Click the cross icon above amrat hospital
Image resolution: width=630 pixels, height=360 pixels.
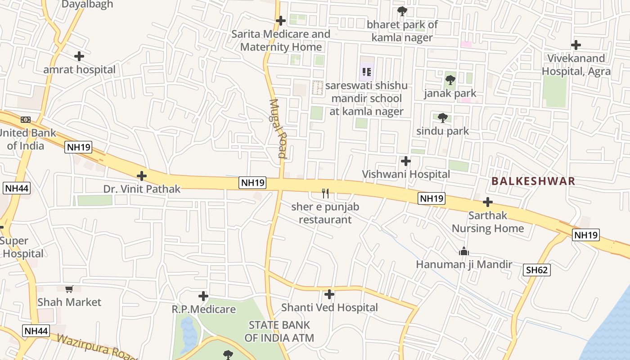79,56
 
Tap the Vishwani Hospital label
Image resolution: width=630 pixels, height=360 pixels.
406,174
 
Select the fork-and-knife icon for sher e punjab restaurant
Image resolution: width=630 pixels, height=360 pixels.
325,193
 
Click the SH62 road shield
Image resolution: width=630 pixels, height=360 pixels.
537,270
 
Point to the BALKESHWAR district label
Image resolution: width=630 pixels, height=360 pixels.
533,181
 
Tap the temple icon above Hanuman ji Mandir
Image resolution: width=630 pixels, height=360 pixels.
464,251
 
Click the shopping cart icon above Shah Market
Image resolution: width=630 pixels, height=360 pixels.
69,289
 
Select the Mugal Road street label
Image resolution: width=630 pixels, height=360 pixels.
278,129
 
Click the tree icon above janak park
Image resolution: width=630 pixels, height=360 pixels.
450,80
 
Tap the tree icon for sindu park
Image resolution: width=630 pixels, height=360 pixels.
443,118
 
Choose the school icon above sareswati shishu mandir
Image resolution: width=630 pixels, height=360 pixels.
366,72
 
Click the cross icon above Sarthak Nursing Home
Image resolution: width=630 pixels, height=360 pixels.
487,202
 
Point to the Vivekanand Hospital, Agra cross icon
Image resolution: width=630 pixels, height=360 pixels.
576,45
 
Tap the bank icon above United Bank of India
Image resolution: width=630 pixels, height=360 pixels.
26,120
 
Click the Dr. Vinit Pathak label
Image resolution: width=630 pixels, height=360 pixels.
142,189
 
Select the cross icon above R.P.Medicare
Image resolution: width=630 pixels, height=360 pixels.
203,296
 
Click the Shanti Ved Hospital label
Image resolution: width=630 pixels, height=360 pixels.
329,308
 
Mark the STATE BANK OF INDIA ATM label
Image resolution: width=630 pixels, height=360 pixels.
279,331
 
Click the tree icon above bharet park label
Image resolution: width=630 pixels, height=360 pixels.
402,11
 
